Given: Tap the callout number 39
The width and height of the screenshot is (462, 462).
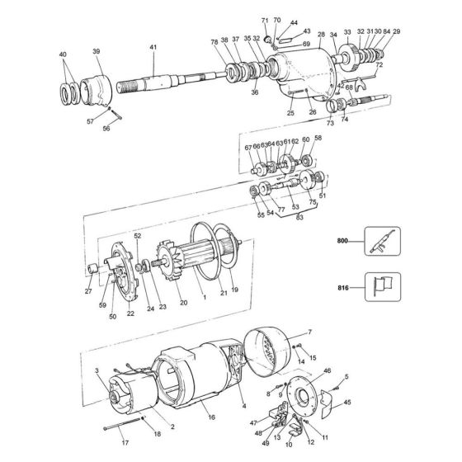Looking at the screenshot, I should [97, 52].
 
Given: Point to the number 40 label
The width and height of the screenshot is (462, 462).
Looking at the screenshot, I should [64, 54].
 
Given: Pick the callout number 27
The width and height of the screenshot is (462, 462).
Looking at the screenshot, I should [88, 291].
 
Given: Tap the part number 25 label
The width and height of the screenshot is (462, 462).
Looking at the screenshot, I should [289, 113].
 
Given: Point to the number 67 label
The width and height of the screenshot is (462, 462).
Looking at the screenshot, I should [247, 146].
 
